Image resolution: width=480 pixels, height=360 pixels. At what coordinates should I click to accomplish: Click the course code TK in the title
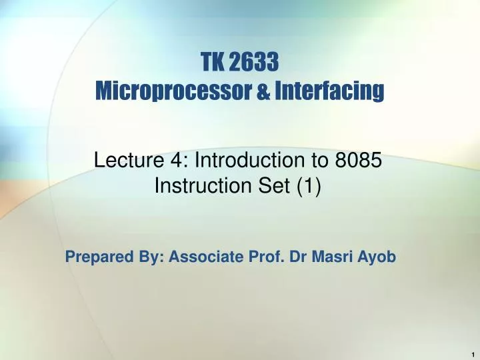[213, 63]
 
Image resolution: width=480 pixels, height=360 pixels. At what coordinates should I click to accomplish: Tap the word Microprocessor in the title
[175, 90]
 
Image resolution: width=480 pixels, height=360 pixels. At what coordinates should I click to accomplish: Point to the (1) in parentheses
[311, 187]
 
